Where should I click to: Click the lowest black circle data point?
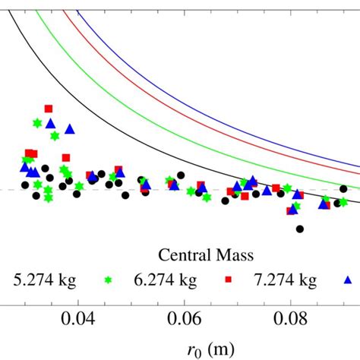pyautogui.click(x=300, y=229)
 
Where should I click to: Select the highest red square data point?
pyautogui.click(x=49, y=109)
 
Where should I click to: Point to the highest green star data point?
pyautogui.click(x=37, y=123)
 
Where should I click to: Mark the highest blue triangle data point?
pyautogui.click(x=50, y=123)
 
